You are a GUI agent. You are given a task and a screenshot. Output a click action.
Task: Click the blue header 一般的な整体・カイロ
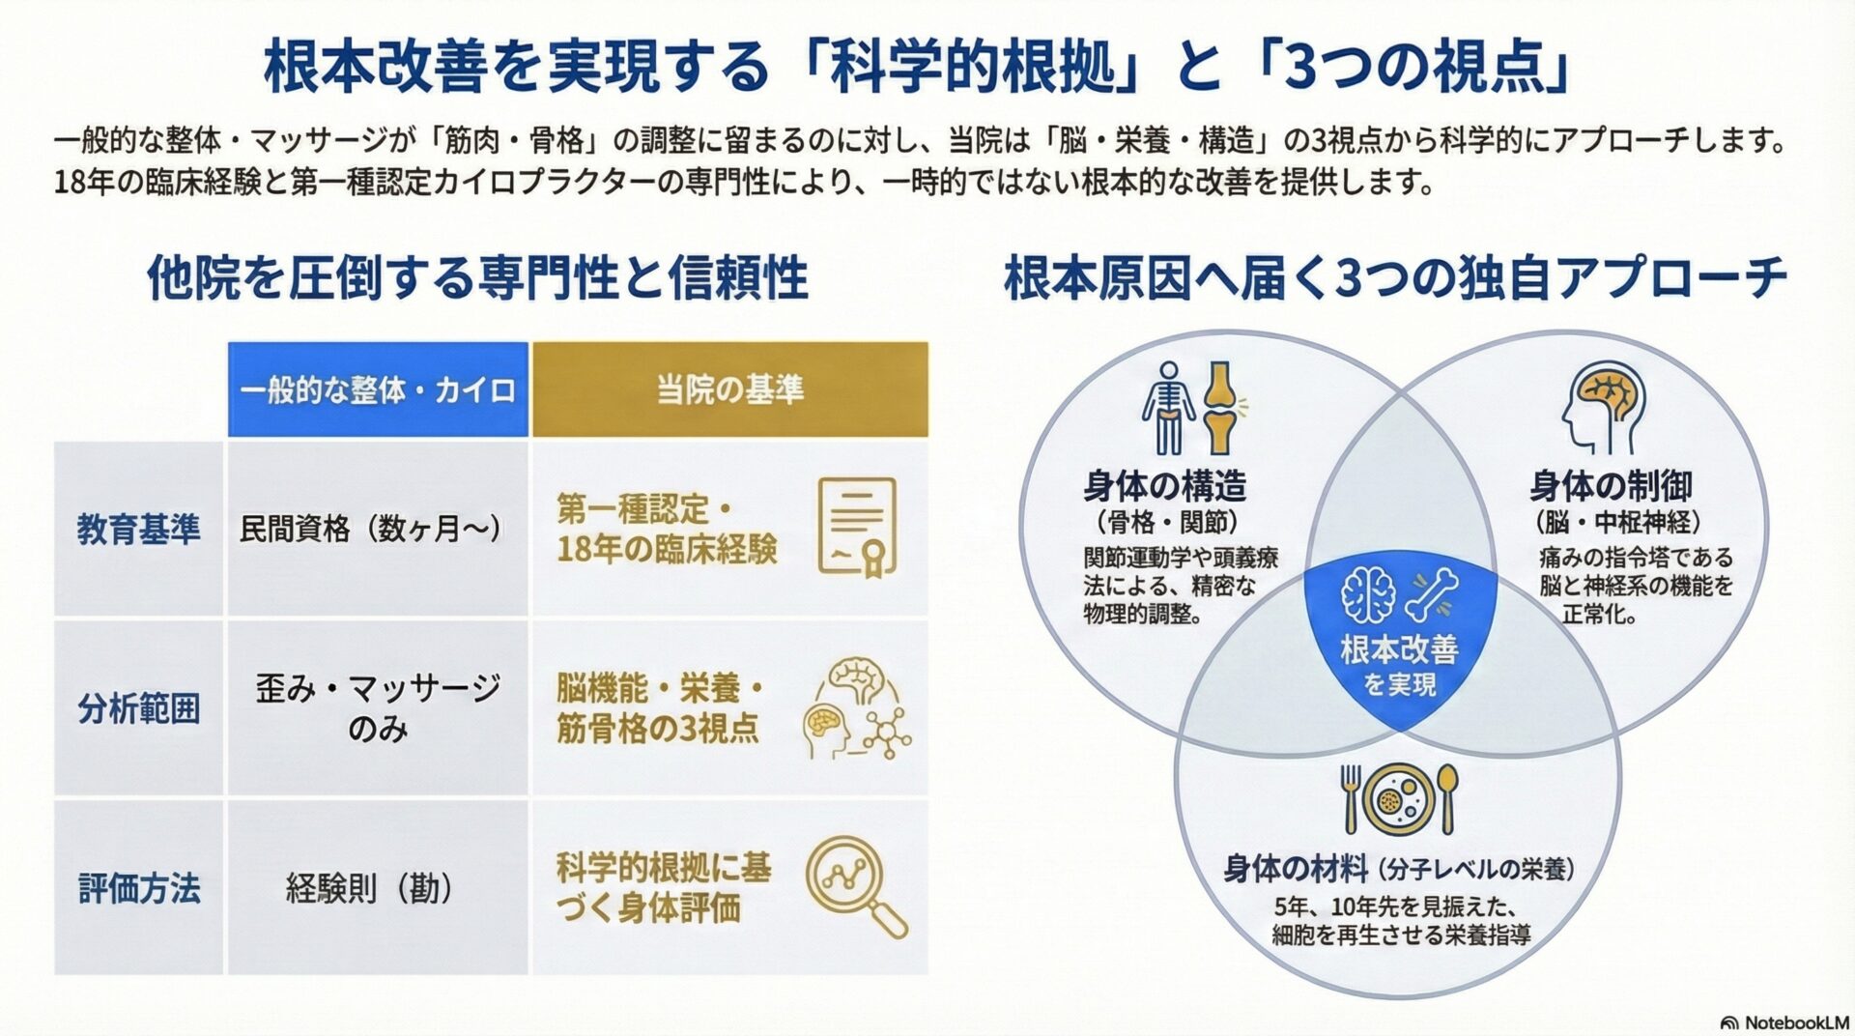(378, 389)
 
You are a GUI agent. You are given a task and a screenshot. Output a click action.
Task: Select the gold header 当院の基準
(729, 389)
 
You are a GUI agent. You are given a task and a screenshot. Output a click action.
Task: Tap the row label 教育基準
(139, 529)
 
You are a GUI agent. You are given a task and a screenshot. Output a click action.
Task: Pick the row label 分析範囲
(139, 708)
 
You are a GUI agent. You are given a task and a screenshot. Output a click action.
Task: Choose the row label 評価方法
(139, 887)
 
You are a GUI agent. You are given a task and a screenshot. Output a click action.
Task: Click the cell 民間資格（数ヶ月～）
(371, 529)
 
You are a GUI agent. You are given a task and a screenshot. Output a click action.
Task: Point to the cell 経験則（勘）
(371, 887)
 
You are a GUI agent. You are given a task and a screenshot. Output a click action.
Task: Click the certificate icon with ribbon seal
(856, 528)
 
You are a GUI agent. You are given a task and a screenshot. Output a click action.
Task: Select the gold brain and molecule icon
(856, 708)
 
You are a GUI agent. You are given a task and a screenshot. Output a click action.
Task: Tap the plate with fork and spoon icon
(1398, 798)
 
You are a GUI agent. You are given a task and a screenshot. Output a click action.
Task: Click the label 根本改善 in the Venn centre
(1399, 649)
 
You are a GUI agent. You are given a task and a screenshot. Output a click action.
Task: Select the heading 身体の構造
(1165, 485)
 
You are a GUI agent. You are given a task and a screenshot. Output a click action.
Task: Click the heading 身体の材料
(1295, 869)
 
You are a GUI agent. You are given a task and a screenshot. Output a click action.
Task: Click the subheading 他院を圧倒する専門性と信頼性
(477, 278)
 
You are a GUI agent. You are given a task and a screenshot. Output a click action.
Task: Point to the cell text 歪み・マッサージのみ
(378, 708)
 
